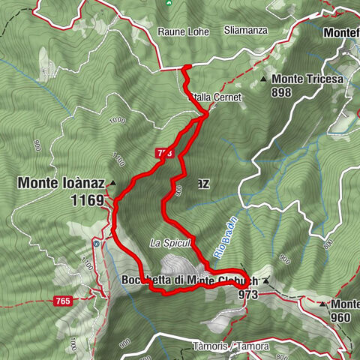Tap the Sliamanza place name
click(244, 31)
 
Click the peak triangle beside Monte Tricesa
click(264, 79)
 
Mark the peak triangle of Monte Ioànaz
click(112, 182)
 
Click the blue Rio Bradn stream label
click(223, 238)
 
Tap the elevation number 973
click(247, 295)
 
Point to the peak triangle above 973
click(265, 281)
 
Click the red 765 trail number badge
click(64, 301)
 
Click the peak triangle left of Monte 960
click(322, 304)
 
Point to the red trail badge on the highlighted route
click(166, 152)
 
